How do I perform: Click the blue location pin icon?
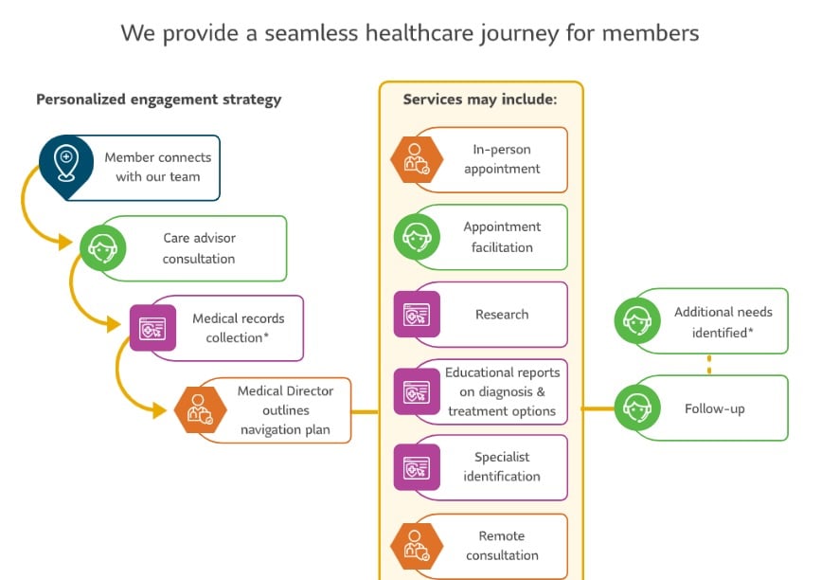(65, 163)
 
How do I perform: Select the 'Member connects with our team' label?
(157, 167)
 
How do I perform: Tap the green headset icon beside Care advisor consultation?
(100, 249)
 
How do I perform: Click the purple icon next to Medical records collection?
(152, 328)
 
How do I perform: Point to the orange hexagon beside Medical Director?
(201, 408)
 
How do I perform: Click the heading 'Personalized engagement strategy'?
(158, 100)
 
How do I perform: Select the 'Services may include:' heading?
(480, 100)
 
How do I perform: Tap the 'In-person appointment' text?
(502, 159)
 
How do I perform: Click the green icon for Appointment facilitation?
(417, 237)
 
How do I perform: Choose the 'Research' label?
(502, 315)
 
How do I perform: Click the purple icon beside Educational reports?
(417, 391)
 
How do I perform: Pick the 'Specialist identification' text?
(502, 467)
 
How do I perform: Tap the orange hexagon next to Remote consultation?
(417, 545)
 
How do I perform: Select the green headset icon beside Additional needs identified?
(637, 320)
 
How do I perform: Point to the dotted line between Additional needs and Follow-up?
(708, 364)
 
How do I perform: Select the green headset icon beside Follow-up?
(637, 408)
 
